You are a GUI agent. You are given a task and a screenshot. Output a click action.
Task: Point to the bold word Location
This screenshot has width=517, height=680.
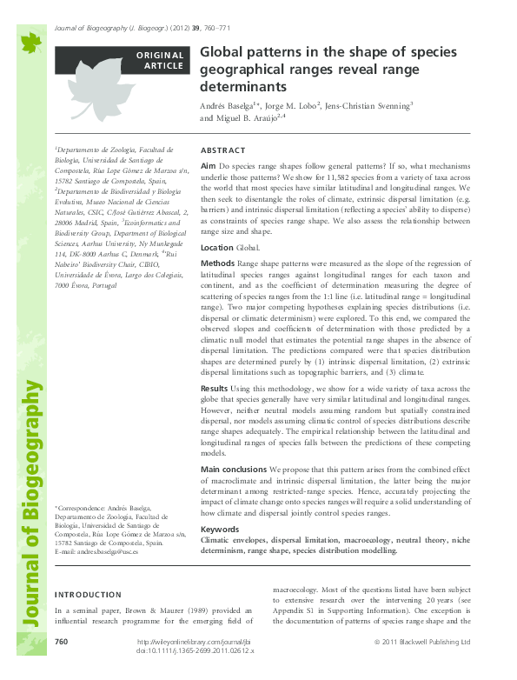point(217,248)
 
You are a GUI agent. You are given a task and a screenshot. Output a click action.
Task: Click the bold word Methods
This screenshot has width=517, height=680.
point(217,262)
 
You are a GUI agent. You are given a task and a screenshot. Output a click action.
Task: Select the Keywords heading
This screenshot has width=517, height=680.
point(219,529)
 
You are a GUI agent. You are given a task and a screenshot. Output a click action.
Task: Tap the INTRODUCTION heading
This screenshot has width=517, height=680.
point(89,596)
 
